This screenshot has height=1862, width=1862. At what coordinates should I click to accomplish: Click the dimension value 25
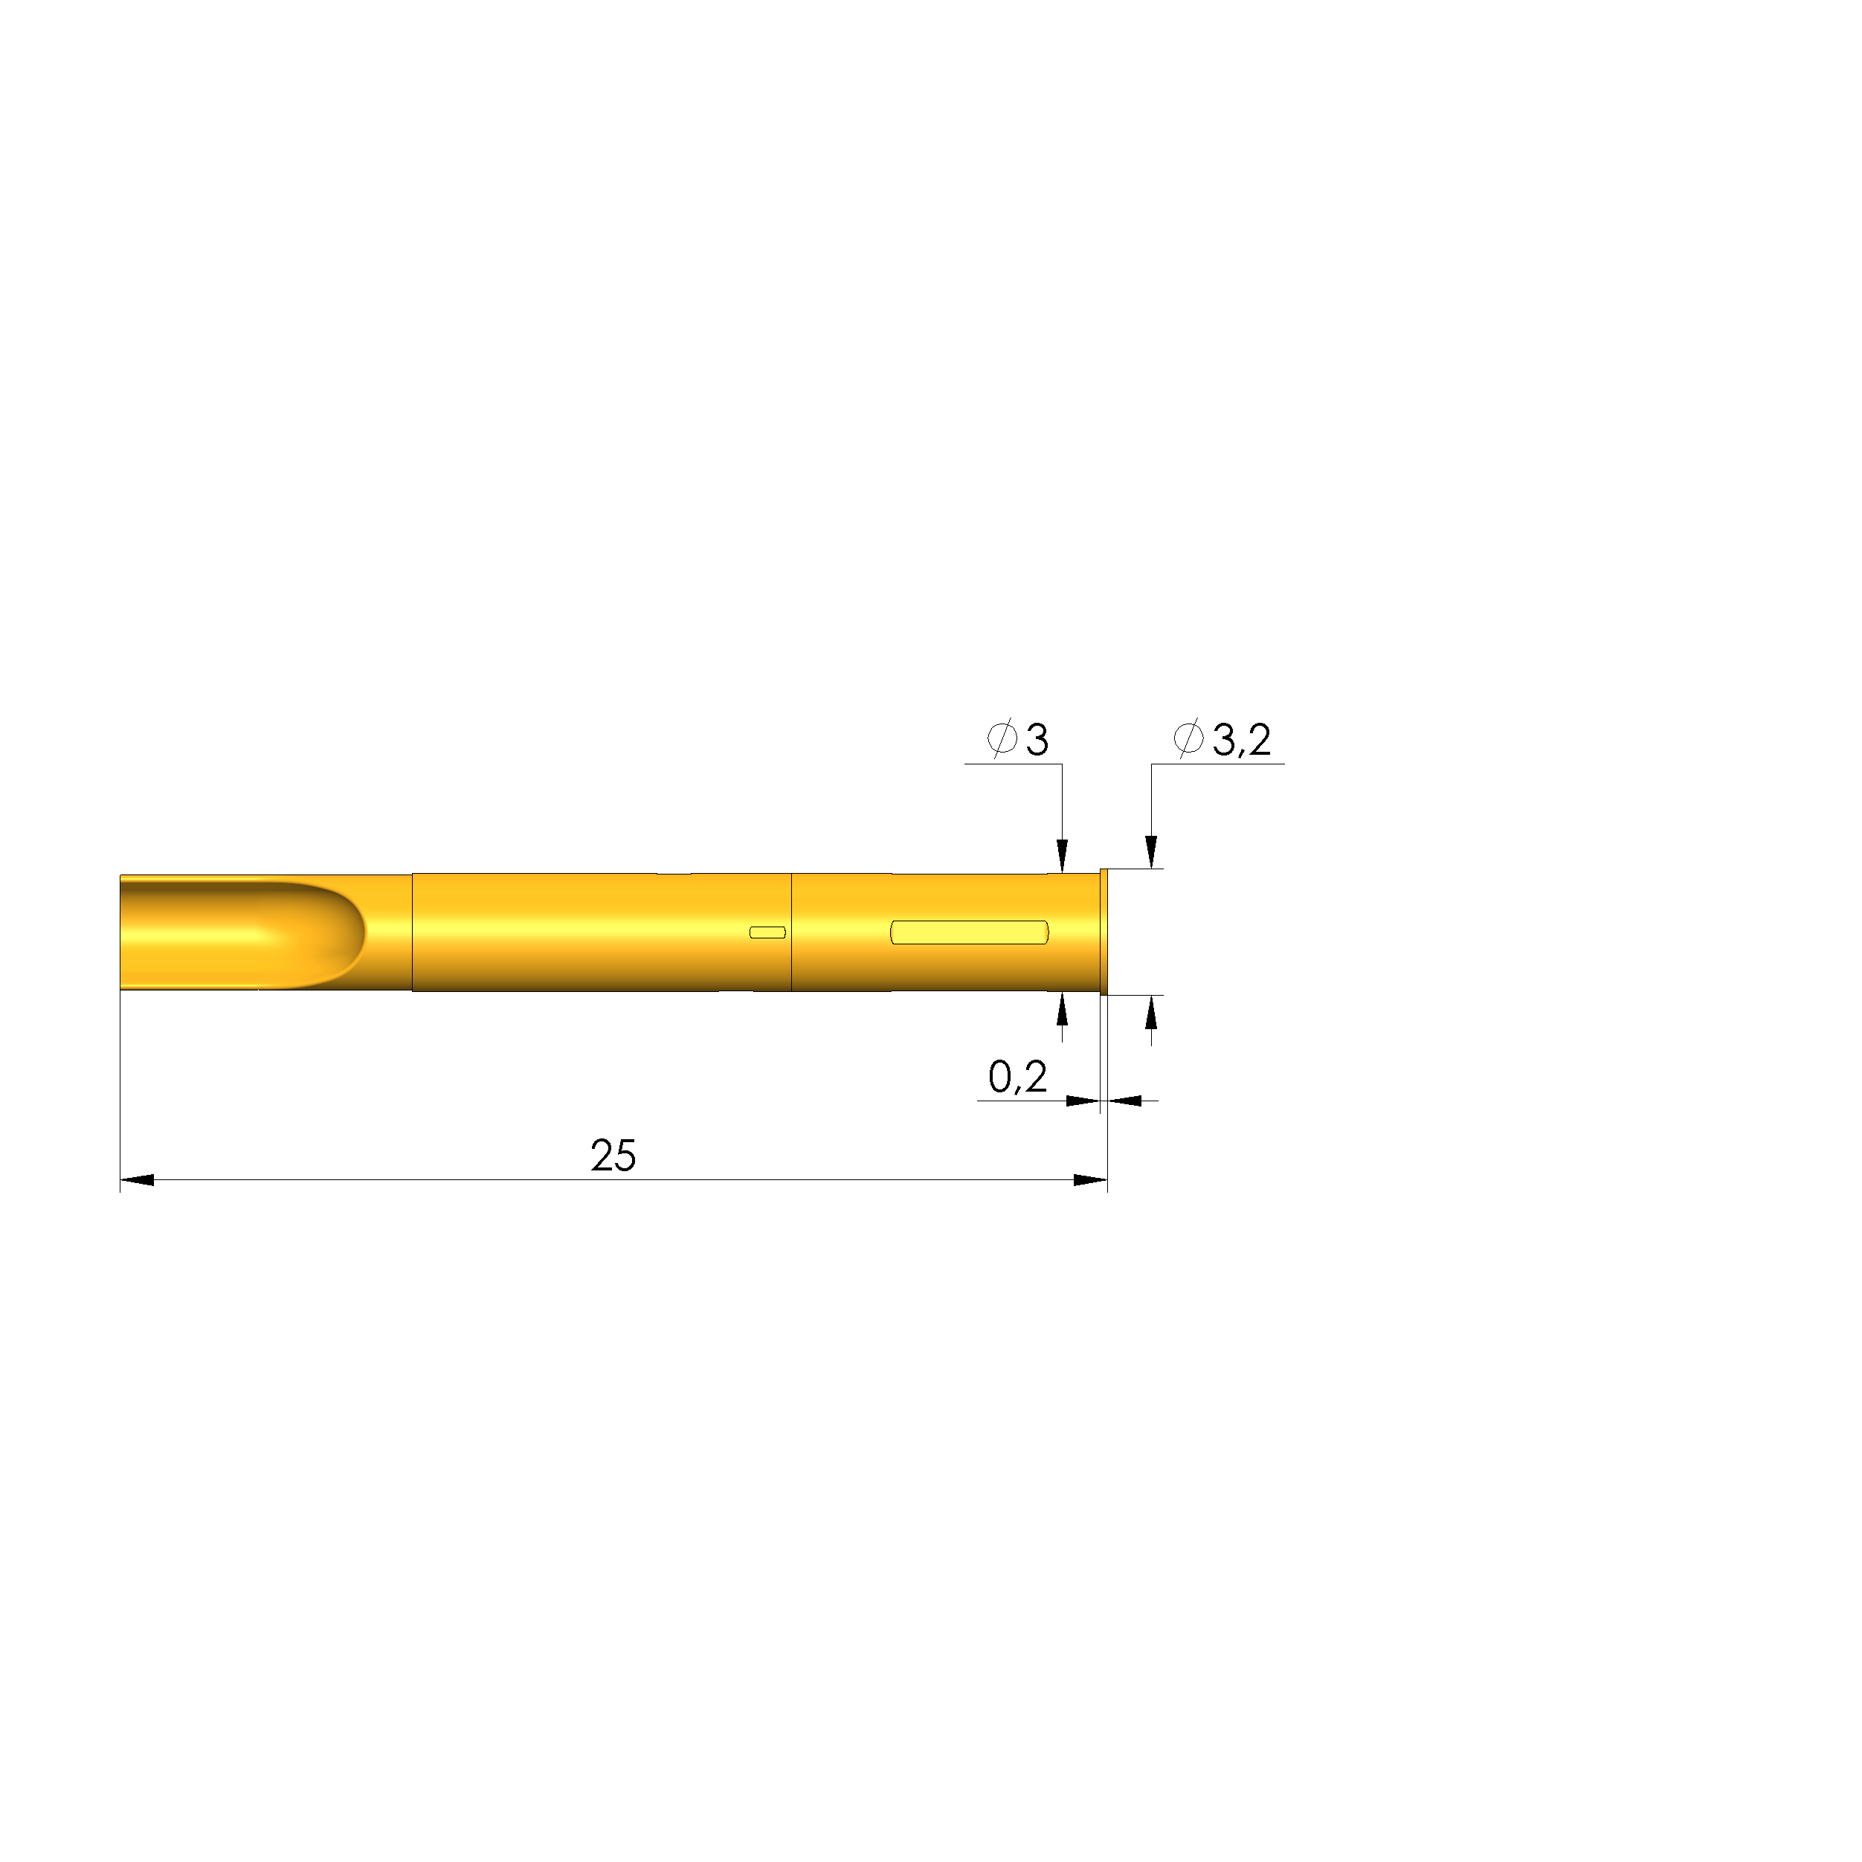click(613, 1156)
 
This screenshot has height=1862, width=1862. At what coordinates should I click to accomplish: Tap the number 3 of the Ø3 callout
click(1037, 740)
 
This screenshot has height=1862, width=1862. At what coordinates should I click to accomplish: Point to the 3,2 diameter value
click(1241, 740)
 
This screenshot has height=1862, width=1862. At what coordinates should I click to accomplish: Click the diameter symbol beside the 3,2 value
click(1188, 739)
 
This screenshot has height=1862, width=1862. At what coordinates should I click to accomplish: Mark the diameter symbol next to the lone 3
click(1002, 739)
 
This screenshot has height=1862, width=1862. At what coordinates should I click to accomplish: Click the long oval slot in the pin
click(970, 932)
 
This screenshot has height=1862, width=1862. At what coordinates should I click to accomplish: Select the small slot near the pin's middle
click(767, 932)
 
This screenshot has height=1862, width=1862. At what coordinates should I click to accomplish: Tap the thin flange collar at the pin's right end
click(1104, 931)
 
